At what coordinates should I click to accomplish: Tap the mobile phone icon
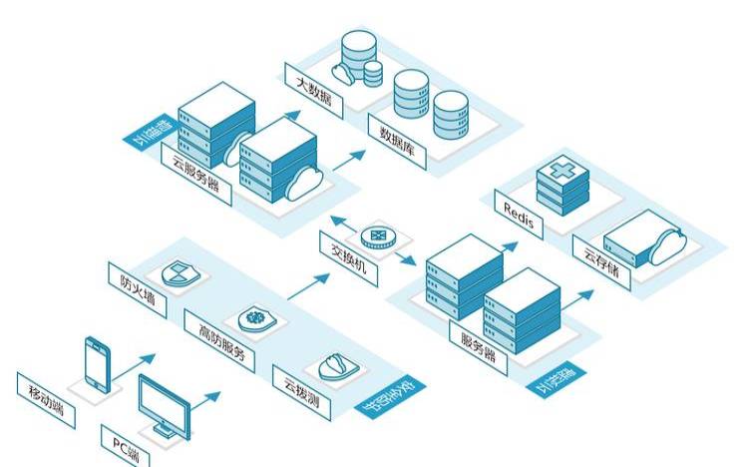point(97,364)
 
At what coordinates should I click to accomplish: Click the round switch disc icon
point(379,234)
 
